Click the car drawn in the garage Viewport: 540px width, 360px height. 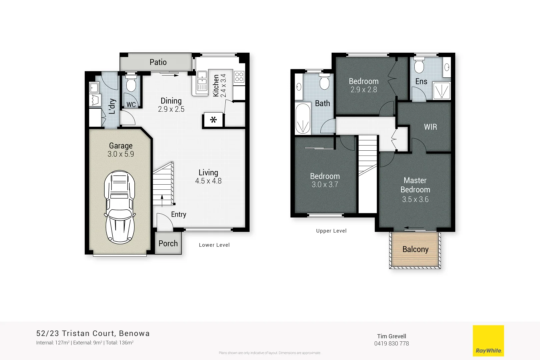pyautogui.click(x=120, y=207)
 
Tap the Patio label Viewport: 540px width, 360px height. pyautogui.click(x=158, y=62)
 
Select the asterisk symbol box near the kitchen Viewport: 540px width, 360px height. pyautogui.click(x=213, y=120)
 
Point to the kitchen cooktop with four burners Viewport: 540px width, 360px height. pyautogui.click(x=239, y=77)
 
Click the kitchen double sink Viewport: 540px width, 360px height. pyautogui.click(x=202, y=81)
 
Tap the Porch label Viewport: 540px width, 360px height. pyautogui.click(x=168, y=244)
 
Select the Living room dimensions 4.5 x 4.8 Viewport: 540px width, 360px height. pyautogui.click(x=208, y=181)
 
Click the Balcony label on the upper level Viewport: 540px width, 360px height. pyautogui.click(x=415, y=249)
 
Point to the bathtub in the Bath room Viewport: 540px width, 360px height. pyautogui.click(x=303, y=118)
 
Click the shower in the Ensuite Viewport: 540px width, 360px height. pyautogui.click(x=442, y=91)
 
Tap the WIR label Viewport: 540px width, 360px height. pyautogui.click(x=430, y=127)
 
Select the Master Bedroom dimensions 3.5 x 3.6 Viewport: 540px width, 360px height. pyautogui.click(x=415, y=199)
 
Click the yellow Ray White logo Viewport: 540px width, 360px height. pyautogui.click(x=488, y=341)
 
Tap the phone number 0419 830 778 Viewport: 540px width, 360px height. pyautogui.click(x=391, y=344)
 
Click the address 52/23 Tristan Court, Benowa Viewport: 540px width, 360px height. pyautogui.click(x=93, y=333)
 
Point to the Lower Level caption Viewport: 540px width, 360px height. pyautogui.click(x=214, y=245)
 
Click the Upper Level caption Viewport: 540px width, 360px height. pyautogui.click(x=331, y=231)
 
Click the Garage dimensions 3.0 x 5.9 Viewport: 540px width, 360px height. pyautogui.click(x=121, y=154)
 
